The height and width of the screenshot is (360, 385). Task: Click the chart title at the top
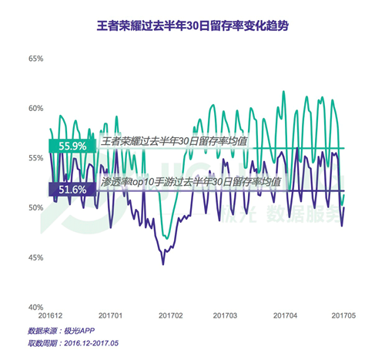tap(192, 25)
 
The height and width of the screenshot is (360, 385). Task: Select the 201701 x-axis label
tap(112, 316)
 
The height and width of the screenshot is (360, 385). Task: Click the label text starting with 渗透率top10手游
tap(189, 181)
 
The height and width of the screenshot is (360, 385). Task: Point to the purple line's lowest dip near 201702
tap(162, 264)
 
